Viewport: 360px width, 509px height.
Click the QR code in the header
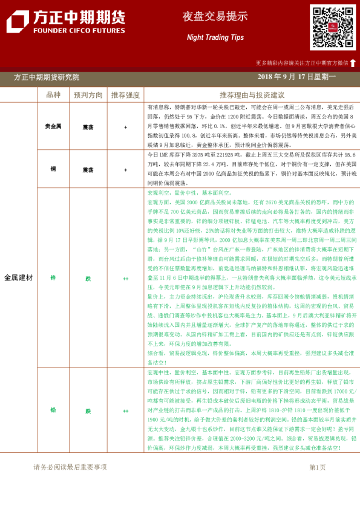click(333, 27)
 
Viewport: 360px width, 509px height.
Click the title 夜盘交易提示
click(207, 17)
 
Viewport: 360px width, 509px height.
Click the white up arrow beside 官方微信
click(353, 62)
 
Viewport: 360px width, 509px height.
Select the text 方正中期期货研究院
click(46, 77)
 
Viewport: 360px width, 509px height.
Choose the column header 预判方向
click(88, 95)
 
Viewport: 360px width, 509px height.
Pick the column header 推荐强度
click(125, 95)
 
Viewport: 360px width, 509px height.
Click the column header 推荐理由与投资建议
click(252, 95)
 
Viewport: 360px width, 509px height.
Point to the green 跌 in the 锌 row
click(88, 277)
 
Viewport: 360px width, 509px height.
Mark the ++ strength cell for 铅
click(125, 410)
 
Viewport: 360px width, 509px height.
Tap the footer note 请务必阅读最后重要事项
click(70, 467)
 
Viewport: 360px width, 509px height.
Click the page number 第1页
click(317, 467)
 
